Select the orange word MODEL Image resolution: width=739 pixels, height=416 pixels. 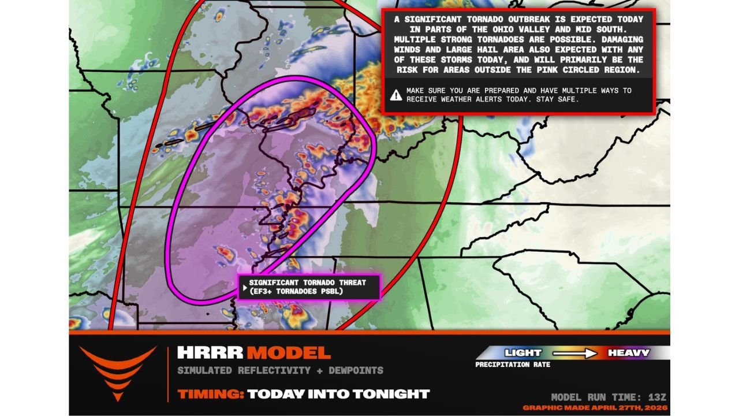point(289,352)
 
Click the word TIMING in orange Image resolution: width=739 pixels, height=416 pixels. point(210,394)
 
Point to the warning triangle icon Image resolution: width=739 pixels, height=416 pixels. point(395,95)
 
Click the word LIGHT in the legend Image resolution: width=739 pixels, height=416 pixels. point(523,352)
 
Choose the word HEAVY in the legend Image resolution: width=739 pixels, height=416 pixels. point(628,352)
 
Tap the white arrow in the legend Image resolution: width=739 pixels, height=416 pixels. point(574,352)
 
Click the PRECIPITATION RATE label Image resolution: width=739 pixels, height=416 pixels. point(513,365)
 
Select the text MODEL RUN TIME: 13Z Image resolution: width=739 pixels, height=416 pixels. point(609,397)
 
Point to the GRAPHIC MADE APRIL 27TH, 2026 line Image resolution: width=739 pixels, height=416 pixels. point(595,408)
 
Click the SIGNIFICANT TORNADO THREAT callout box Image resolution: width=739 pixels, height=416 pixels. point(309,287)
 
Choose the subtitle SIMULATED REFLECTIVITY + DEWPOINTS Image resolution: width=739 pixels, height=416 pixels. point(280,370)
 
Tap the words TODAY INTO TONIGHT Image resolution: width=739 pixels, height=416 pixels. point(338,394)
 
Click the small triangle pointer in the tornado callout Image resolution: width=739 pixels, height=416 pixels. point(245,287)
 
